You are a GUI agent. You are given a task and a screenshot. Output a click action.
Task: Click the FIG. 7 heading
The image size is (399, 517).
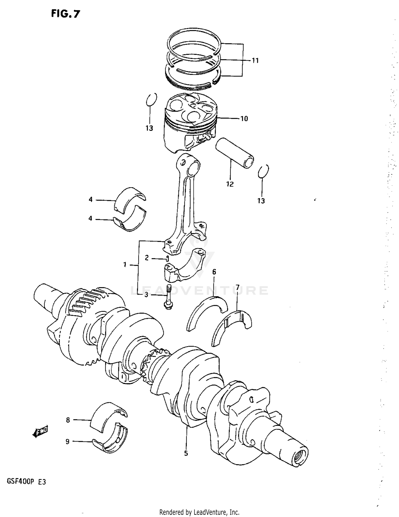tap(65, 14)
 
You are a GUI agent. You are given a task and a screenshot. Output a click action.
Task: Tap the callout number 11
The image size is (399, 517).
tap(255, 61)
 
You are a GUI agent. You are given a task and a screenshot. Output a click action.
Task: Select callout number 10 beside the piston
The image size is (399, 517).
tap(244, 118)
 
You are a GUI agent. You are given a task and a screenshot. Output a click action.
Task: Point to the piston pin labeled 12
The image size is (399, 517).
tap(234, 152)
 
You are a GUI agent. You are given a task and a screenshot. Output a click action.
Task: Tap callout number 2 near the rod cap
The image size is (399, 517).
tap(147, 258)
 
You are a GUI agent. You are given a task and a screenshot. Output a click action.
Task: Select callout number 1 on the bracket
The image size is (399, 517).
tap(124, 264)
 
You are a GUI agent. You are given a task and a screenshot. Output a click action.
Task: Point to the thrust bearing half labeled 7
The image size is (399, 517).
tap(231, 327)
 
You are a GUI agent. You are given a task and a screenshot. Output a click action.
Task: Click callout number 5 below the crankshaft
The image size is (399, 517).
tap(186, 453)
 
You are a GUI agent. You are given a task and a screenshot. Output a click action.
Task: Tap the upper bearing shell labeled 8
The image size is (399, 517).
tap(108, 417)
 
